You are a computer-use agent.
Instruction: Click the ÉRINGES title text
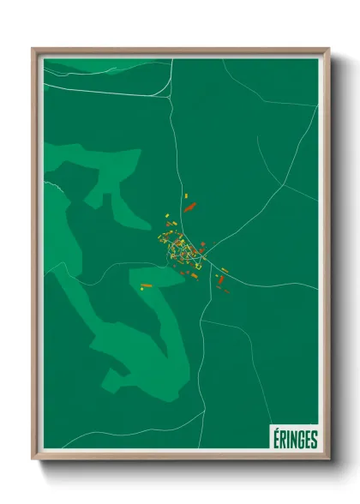pyautogui.click(x=294, y=438)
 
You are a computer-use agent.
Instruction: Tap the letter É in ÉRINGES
pyautogui.click(x=275, y=438)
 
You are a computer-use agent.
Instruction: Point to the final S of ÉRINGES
pyautogui.click(x=313, y=438)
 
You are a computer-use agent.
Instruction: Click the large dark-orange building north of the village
pyautogui.click(x=190, y=206)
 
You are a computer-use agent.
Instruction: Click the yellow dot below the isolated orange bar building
pyautogui.click(x=142, y=289)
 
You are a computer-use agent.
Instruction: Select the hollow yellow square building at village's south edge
pyautogui.click(x=195, y=273)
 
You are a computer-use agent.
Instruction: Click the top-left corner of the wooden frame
pyautogui.click(x=33, y=50)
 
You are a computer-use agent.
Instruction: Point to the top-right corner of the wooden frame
pyautogui.click(x=327, y=50)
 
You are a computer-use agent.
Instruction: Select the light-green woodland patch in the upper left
pyautogui.click(x=94, y=167)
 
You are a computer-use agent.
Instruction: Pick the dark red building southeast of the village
pyautogui.click(x=220, y=279)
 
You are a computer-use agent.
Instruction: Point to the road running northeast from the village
pyautogui.click(x=249, y=219)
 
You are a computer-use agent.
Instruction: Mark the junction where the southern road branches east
pyautogui.click(x=201, y=321)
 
